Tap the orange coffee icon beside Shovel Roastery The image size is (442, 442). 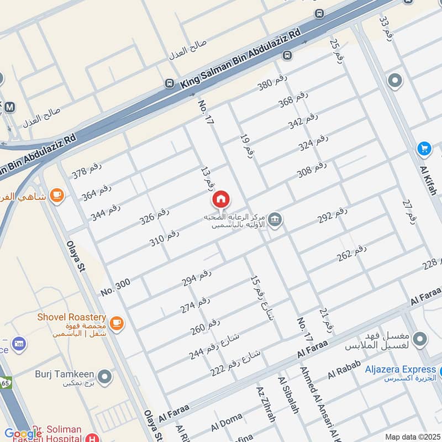[x=116, y=323]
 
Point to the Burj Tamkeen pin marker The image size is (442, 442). [x=104, y=378]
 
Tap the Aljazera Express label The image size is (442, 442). [x=400, y=369]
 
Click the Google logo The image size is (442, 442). [x=23, y=434]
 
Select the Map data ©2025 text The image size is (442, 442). [x=413, y=437]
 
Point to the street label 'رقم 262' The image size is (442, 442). [x=352, y=252]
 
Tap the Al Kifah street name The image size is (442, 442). [x=428, y=180]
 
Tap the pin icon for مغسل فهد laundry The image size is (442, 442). [x=420, y=338]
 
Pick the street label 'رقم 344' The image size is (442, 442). [x=106, y=212]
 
